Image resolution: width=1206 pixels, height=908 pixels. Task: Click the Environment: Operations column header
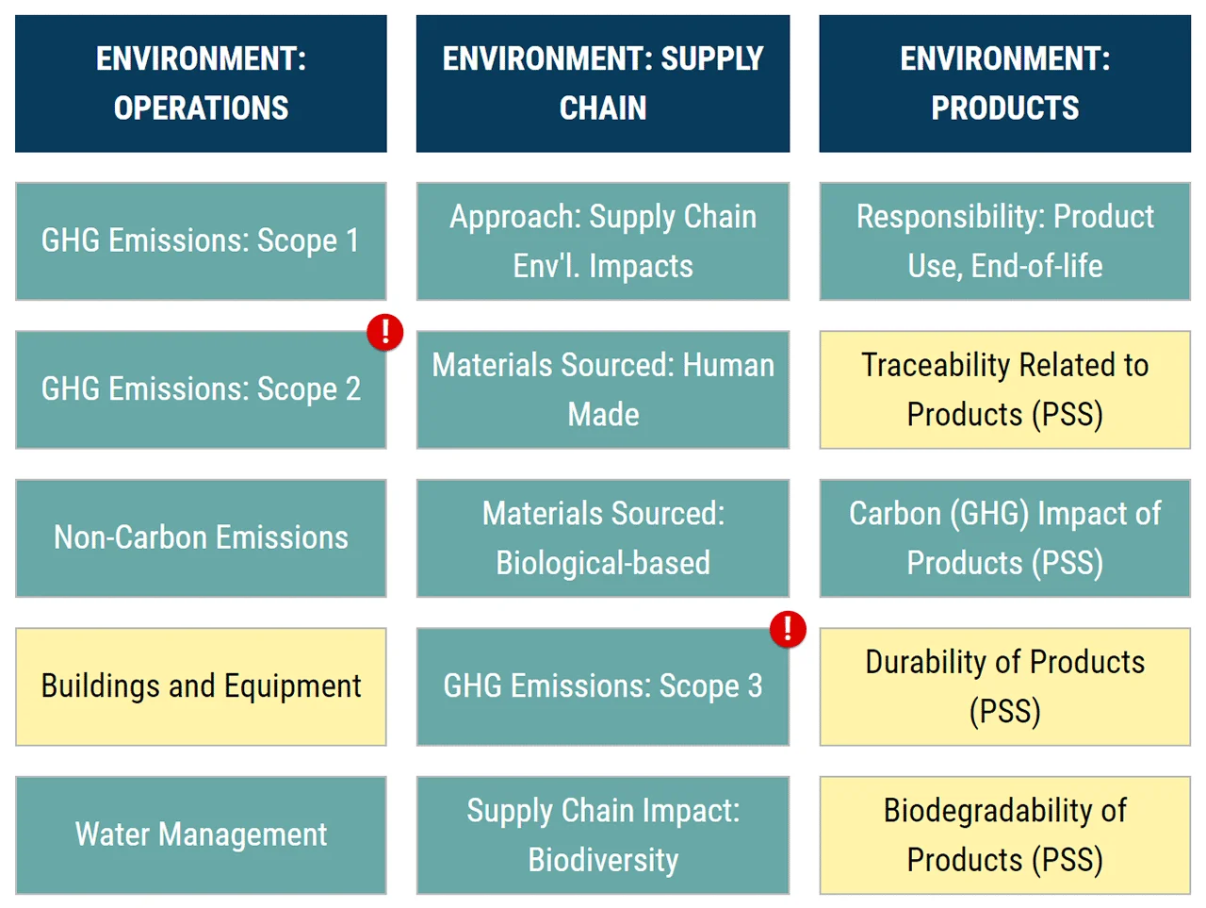(x=201, y=83)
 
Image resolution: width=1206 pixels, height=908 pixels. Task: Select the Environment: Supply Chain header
(x=603, y=83)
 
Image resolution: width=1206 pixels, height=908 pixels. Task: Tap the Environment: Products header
(x=1004, y=83)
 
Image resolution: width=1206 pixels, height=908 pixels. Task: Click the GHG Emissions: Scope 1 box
(x=201, y=241)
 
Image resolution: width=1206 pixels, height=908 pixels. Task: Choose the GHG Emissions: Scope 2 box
(x=201, y=389)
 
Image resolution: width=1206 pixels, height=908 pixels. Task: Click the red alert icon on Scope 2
(x=385, y=332)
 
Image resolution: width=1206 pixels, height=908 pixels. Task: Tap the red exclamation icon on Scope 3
(x=788, y=629)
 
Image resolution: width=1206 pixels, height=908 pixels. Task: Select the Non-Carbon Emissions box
(x=201, y=537)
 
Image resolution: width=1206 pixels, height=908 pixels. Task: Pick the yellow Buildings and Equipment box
(x=201, y=686)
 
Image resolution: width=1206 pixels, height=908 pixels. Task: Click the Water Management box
(x=201, y=834)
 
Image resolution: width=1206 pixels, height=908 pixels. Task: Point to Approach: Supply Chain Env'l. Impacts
(x=603, y=241)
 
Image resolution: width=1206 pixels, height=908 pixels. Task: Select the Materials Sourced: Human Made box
(x=603, y=389)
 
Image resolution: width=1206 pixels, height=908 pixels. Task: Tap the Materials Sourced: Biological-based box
(x=603, y=537)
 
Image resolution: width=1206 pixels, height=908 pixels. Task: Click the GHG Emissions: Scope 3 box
(x=603, y=686)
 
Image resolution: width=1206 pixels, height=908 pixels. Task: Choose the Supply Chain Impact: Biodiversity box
(x=603, y=834)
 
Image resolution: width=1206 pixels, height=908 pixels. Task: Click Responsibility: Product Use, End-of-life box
(x=1004, y=241)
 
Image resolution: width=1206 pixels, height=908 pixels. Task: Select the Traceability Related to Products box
(x=1004, y=389)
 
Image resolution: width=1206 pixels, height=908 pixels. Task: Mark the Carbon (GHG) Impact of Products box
(x=1004, y=537)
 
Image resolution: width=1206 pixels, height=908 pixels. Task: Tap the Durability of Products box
(x=1004, y=686)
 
